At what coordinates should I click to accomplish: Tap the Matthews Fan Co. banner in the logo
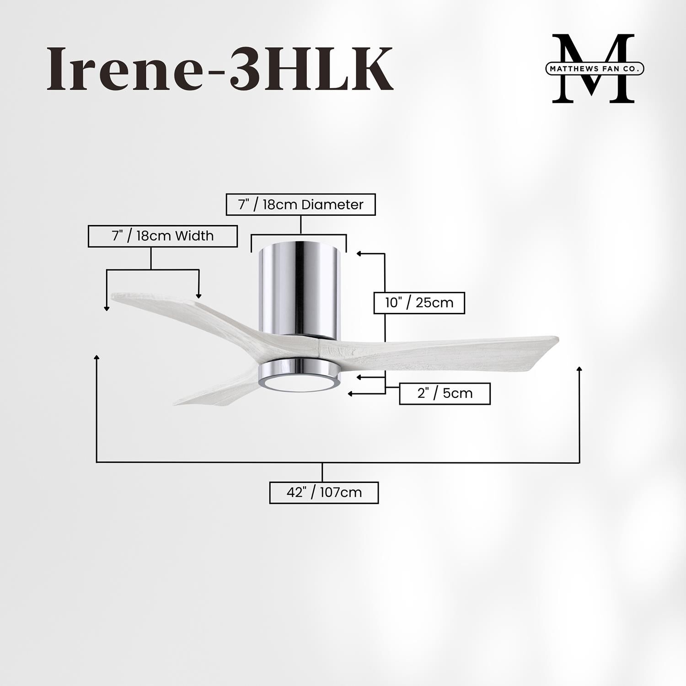[x=595, y=69]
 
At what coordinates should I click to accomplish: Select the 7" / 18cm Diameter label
[x=300, y=204]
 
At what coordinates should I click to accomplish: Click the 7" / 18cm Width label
[x=162, y=236]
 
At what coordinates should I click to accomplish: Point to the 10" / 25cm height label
[x=419, y=303]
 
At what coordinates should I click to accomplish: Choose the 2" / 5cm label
[x=445, y=393]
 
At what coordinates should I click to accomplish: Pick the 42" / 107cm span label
[x=324, y=493]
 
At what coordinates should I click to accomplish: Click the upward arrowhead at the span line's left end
[x=96, y=357]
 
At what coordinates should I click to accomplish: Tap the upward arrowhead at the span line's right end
[x=580, y=368]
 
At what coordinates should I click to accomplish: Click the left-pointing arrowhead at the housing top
[x=359, y=253]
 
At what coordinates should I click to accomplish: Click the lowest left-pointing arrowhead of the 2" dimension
[x=351, y=393]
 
